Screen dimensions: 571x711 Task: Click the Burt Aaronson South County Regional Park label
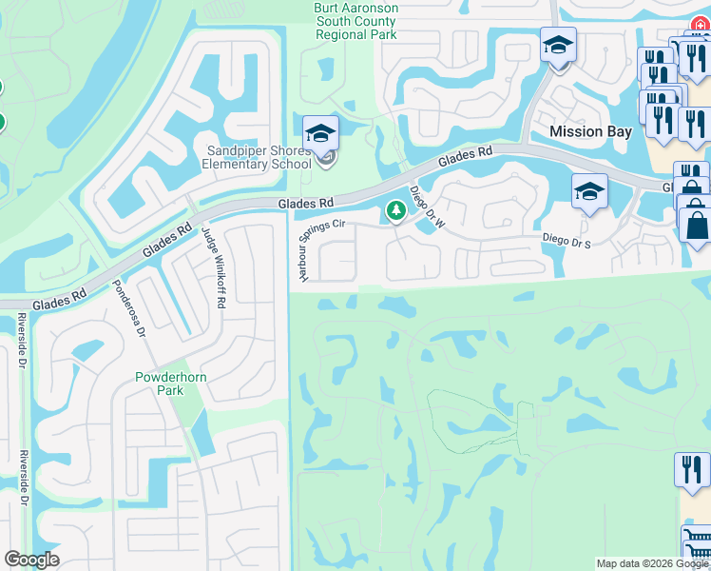point(356,21)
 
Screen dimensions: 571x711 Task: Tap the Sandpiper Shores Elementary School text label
point(259,157)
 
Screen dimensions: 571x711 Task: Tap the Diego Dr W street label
point(422,203)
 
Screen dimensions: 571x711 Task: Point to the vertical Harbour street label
point(297,252)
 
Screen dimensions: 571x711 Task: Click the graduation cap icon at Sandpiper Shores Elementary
point(320,132)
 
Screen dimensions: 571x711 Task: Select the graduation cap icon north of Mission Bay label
point(558,44)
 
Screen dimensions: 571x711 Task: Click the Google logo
point(31,560)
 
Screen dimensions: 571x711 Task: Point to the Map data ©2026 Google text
point(652,563)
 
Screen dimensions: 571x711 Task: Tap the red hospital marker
point(701,26)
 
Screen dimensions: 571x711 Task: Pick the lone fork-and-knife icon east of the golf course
point(692,469)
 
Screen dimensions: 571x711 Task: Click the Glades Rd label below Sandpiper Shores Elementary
point(306,204)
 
